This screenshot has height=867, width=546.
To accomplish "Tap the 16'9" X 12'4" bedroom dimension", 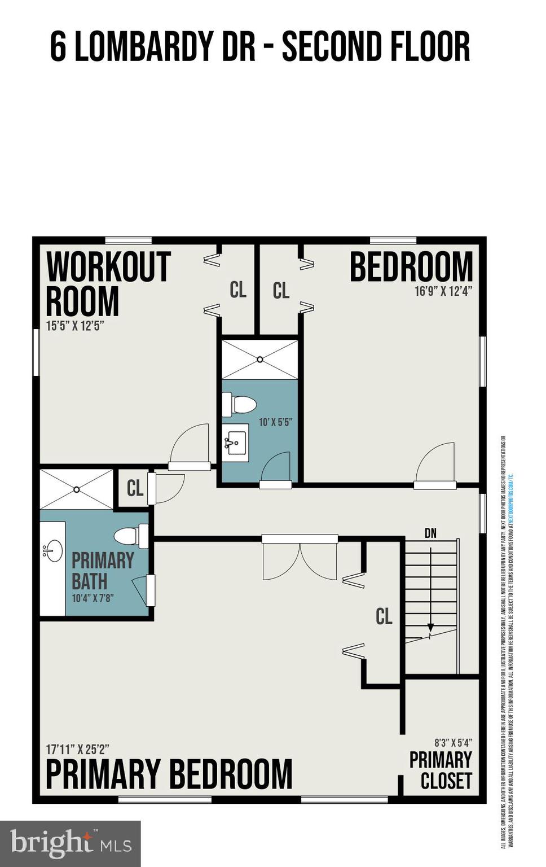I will click(443, 291).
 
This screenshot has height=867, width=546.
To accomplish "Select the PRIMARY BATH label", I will click(103, 570).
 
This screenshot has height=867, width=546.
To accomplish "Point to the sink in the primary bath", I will click(54, 550).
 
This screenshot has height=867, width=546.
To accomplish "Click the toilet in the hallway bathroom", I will click(239, 404).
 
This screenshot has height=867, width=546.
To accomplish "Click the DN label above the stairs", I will click(430, 533).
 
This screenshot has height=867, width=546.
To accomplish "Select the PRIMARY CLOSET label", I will click(441, 770).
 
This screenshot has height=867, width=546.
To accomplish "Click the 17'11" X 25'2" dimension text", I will click(77, 749).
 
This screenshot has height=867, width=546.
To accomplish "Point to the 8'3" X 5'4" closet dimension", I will click(453, 743).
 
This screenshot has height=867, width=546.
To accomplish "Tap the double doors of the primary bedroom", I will click(300, 559).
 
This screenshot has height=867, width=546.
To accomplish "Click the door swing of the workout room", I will click(190, 446).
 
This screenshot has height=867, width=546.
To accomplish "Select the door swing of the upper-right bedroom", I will click(435, 463).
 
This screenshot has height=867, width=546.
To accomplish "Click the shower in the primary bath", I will click(76, 489).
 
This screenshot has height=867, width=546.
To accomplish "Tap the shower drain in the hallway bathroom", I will click(260, 359).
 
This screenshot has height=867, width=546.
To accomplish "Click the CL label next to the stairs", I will click(384, 616).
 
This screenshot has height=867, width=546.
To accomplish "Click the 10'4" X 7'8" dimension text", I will click(93, 598).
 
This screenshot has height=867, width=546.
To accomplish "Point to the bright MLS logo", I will click(70, 843).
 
